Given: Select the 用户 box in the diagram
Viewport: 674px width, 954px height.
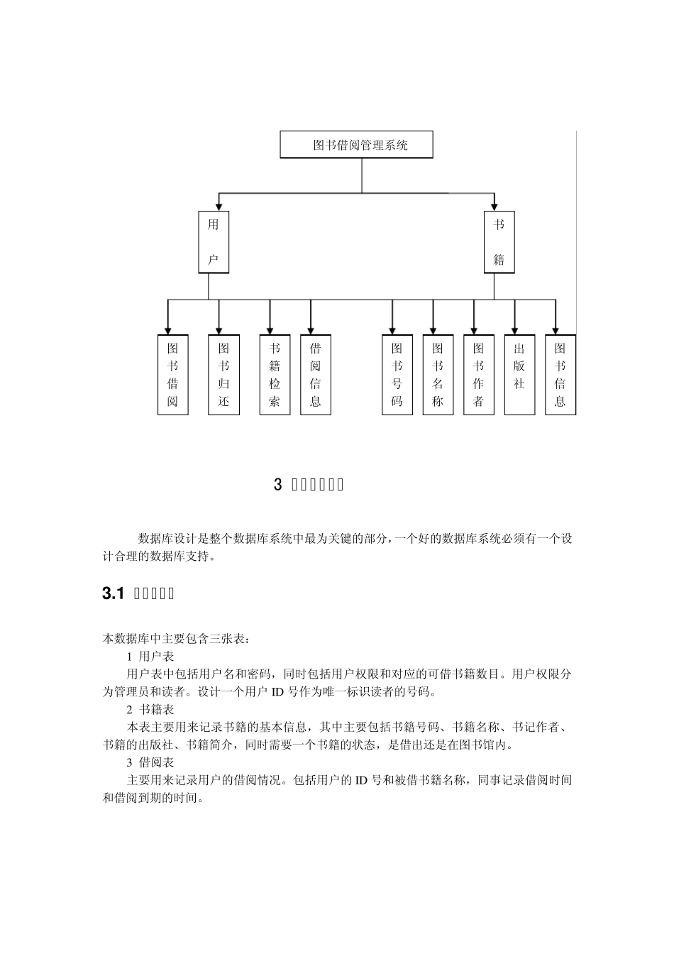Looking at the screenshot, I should [214, 242].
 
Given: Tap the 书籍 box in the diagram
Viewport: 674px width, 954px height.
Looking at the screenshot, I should [499, 242].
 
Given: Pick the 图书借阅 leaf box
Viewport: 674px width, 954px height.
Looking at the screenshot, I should [173, 375].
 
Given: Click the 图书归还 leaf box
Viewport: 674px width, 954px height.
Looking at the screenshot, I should [224, 375].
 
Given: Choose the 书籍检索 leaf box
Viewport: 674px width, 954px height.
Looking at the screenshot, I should [275, 375].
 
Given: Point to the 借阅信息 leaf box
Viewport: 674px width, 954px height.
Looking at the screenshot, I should [316, 375].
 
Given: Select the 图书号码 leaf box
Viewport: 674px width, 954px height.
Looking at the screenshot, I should [397, 375].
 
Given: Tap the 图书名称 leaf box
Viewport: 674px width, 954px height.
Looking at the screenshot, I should [438, 375].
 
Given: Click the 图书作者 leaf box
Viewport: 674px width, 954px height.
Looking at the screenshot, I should [479, 375].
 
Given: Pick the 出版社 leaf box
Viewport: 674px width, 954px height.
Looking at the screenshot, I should [519, 375].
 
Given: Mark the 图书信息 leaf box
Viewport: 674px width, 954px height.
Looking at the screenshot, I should [560, 375].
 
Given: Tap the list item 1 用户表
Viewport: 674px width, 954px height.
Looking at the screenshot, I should [150, 656].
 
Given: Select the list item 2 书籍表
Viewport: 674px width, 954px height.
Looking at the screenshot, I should [150, 709].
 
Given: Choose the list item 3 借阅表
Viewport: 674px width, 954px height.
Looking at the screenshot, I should [150, 762].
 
